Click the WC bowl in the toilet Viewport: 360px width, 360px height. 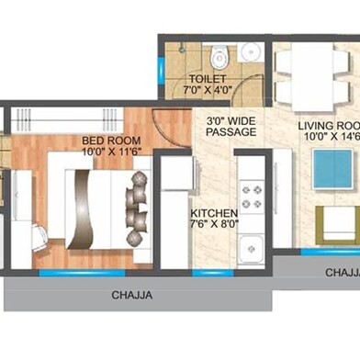[x=217, y=59]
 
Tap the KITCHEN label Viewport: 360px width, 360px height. [x=212, y=210]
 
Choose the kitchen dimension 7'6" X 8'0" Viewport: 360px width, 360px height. [x=213, y=222]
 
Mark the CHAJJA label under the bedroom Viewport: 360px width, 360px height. [x=132, y=296]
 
